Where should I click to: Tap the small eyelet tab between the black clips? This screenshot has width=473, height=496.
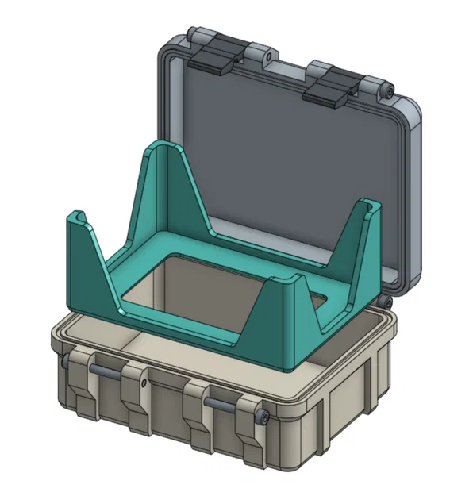(268, 57)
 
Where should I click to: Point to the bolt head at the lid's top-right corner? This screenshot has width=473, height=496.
(389, 90)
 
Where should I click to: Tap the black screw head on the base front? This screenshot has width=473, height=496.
(263, 418)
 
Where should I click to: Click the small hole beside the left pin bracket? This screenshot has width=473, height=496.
(143, 384)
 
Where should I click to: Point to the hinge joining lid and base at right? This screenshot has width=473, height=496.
(387, 302)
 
